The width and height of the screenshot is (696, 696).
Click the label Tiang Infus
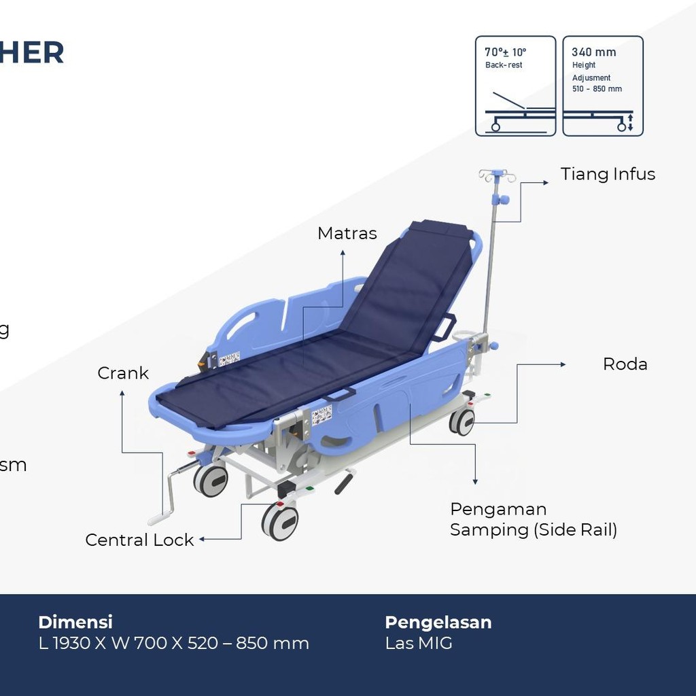coord(608,174)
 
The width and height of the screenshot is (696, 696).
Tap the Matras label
coord(347,233)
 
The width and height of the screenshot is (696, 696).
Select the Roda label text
coord(625,364)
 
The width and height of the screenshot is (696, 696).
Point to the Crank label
coord(123,373)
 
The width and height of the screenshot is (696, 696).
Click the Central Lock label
coord(139,540)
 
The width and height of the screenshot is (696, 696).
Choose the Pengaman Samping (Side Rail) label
coord(534,519)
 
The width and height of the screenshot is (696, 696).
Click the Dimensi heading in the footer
coord(75,622)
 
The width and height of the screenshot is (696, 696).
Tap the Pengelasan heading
coord(438,622)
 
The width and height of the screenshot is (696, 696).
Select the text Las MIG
coord(419,643)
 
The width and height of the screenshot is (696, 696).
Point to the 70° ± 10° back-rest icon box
coord(515,86)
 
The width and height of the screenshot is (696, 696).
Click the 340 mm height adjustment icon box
coord(603,86)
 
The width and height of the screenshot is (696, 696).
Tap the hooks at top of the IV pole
coord(497,176)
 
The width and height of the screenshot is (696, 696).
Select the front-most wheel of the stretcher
coord(280,521)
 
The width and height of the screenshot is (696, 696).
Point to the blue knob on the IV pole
coord(504,200)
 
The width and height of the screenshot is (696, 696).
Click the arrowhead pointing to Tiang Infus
coord(545,182)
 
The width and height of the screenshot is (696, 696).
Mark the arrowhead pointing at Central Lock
coord(202,539)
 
